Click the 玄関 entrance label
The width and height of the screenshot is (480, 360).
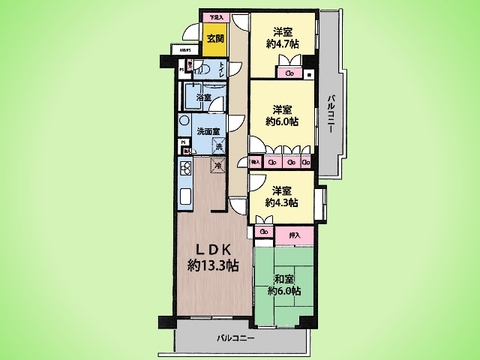click(x=214, y=39)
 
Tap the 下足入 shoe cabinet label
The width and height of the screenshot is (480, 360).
click(x=214, y=18)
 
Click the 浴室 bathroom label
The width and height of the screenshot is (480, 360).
click(x=203, y=98)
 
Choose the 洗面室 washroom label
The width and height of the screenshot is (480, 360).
click(x=207, y=132)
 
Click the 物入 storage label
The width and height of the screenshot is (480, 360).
click(x=256, y=159)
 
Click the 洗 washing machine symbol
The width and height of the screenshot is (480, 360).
click(x=222, y=147)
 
